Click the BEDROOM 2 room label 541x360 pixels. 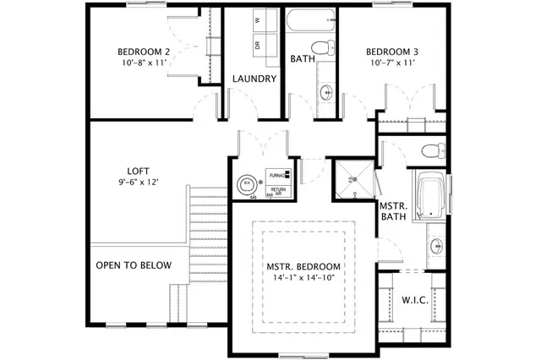click(x=144, y=52)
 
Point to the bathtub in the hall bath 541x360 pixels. click(x=311, y=19)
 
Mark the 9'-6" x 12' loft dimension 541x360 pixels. click(x=139, y=182)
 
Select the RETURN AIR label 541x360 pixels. click(x=277, y=191)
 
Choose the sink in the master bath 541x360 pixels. click(x=436, y=247)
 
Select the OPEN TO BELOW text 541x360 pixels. click(x=134, y=265)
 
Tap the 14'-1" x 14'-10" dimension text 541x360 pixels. click(x=303, y=278)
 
